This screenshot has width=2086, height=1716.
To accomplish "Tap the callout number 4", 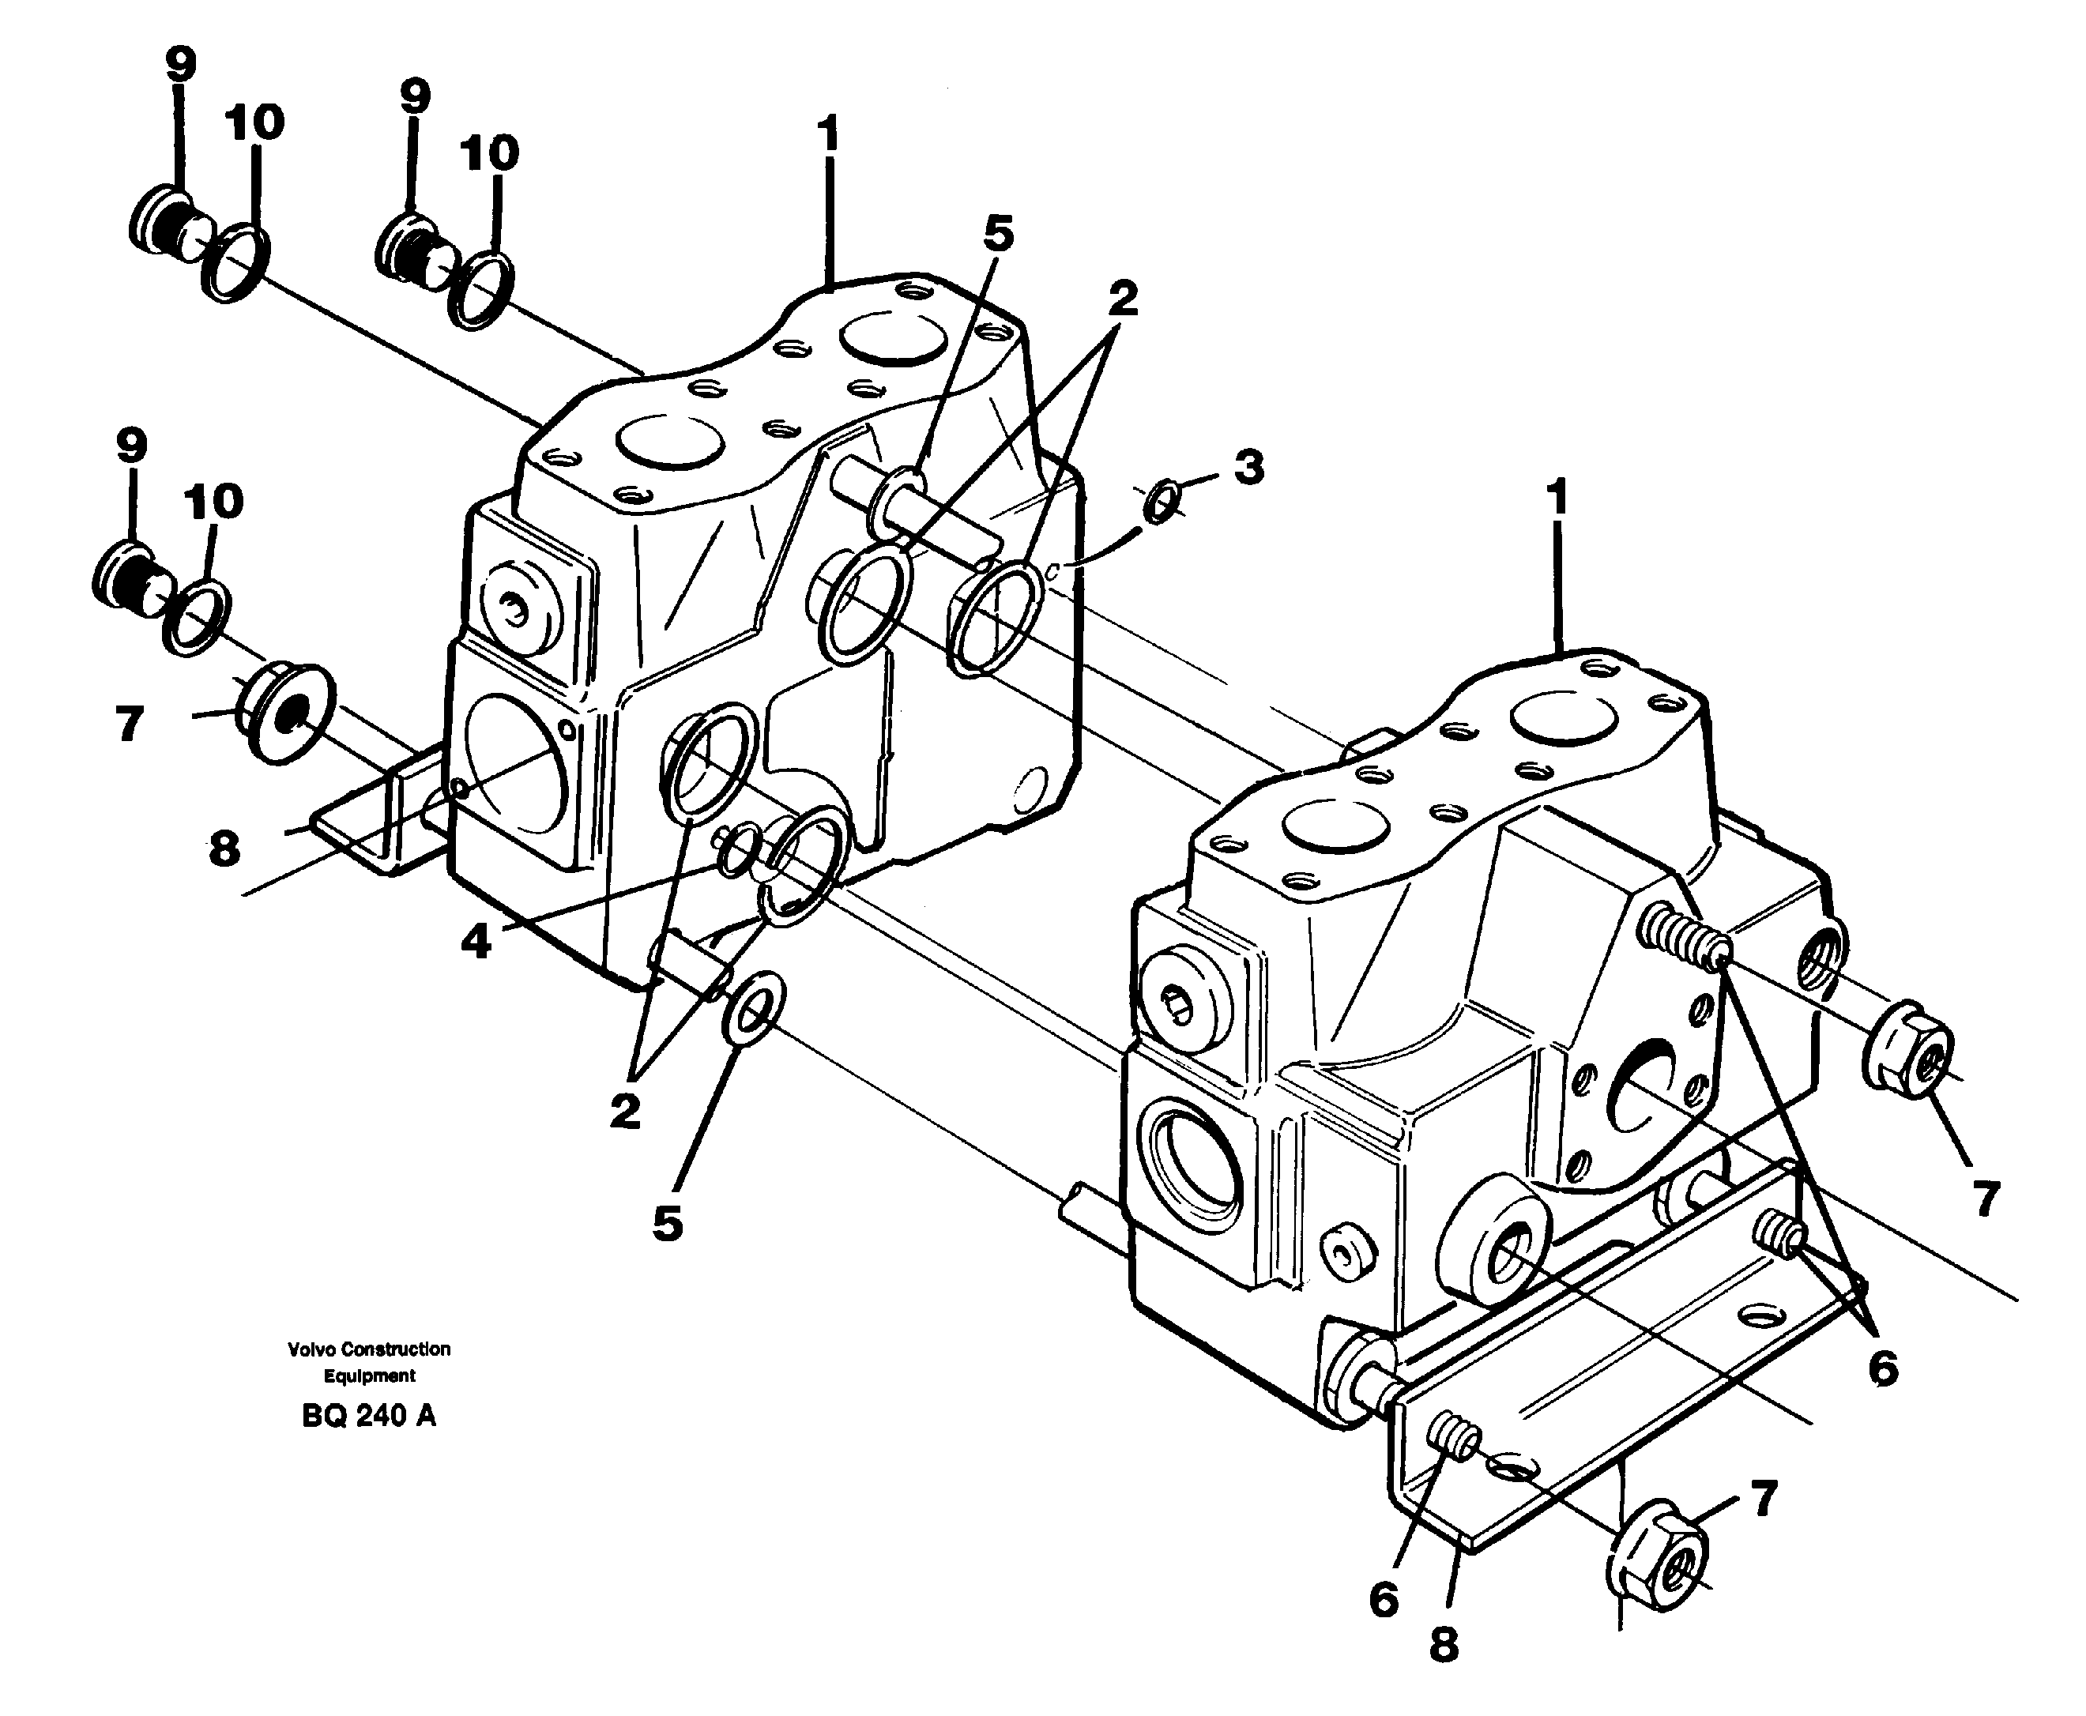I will (x=476, y=942).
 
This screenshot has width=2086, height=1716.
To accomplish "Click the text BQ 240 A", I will (x=367, y=1417).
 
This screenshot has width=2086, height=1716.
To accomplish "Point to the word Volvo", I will (x=312, y=1349).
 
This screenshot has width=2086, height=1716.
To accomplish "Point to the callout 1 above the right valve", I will (x=1557, y=499).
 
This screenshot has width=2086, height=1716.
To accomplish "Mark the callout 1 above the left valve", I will (x=828, y=134).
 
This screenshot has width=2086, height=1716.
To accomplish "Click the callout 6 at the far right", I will (x=1882, y=1369).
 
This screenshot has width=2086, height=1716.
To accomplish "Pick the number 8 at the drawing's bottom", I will (x=1444, y=1645).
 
